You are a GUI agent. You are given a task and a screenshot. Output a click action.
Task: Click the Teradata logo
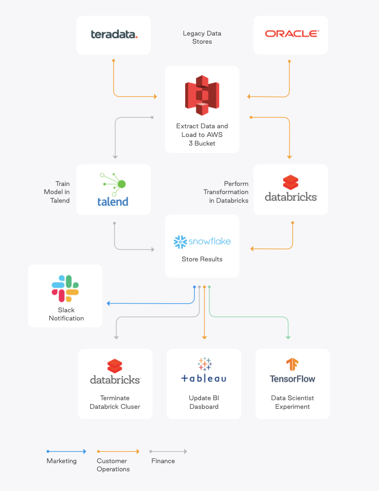pyautogui.click(x=114, y=35)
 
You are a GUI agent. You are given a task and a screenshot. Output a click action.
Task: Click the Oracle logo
pyautogui.click(x=292, y=34)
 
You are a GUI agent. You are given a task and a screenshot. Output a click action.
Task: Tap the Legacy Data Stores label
pyautogui.click(x=202, y=37)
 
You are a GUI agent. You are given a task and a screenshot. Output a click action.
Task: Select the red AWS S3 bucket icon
pyautogui.click(x=202, y=95)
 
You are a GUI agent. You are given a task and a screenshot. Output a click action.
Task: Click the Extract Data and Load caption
pyautogui.click(x=202, y=135)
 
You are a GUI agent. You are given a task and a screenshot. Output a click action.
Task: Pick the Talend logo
pyautogui.click(x=113, y=189)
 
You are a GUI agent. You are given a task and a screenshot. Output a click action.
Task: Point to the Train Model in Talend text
pyautogui.click(x=60, y=192)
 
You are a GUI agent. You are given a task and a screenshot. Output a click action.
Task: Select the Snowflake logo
pyautogui.click(x=202, y=242)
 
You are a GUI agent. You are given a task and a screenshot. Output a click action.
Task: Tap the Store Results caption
pyautogui.click(x=202, y=259)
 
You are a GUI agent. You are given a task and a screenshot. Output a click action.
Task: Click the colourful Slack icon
pyautogui.click(x=65, y=288)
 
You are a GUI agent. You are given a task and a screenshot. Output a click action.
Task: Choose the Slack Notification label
pyautogui.click(x=66, y=314)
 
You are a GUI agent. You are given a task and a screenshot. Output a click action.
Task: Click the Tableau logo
pyautogui.click(x=204, y=370)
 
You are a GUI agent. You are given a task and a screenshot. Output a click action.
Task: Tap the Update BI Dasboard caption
pyautogui.click(x=204, y=403)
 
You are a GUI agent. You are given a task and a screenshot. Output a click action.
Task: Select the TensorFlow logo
pyautogui.click(x=293, y=371)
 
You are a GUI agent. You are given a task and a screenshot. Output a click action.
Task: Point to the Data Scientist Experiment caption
pyautogui.click(x=293, y=403)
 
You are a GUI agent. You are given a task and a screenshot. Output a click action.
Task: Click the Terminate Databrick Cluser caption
pyautogui.click(x=115, y=403)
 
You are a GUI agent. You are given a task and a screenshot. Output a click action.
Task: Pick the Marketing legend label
pyautogui.click(x=61, y=461)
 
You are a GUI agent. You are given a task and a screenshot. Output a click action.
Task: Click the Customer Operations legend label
pyautogui.click(x=113, y=465)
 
